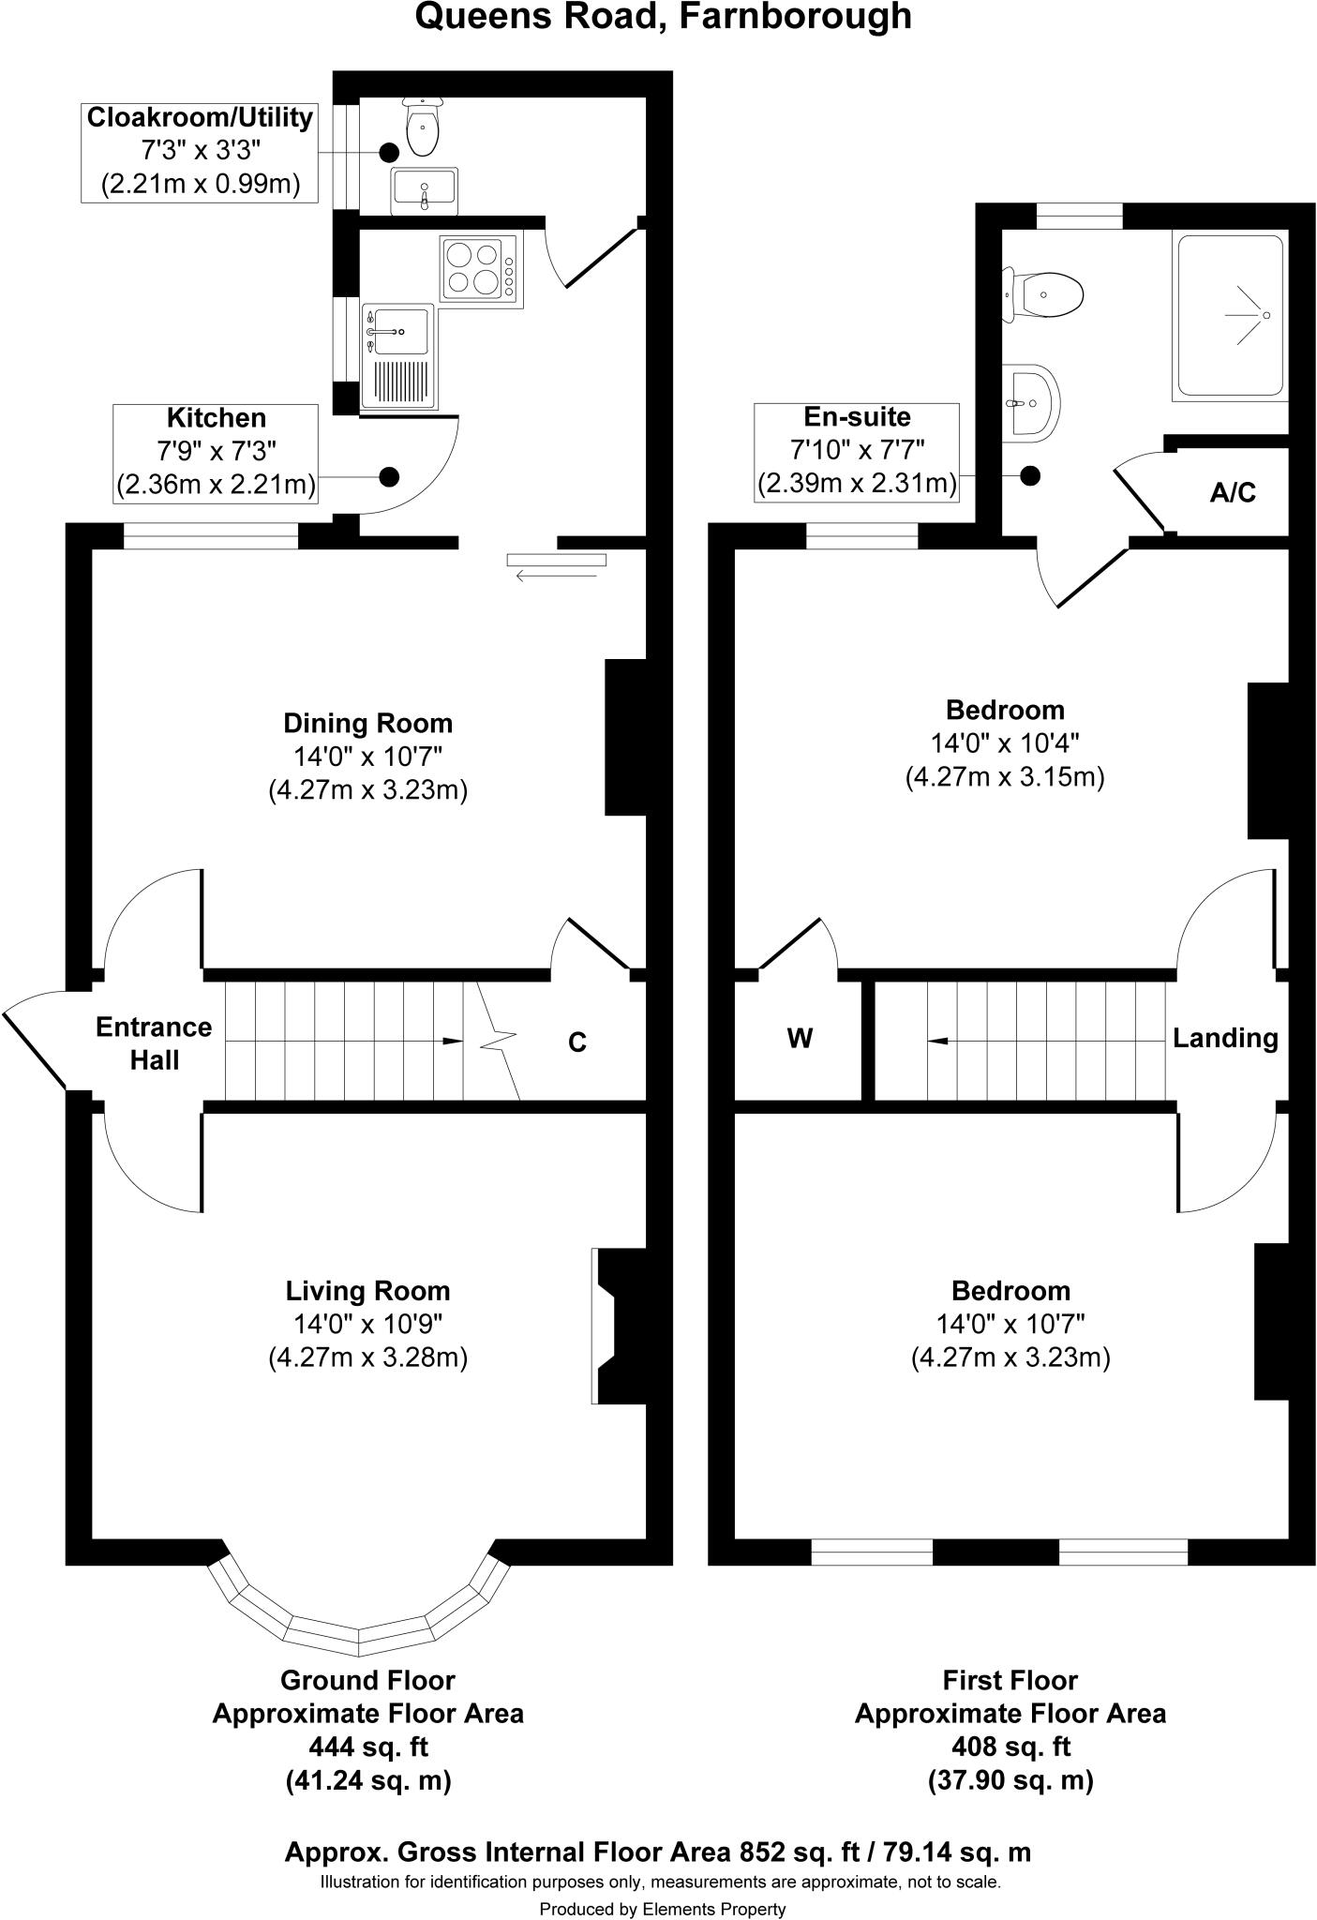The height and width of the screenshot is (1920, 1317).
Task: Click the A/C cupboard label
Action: [1232, 492]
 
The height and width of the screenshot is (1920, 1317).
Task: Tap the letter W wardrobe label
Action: [800, 1038]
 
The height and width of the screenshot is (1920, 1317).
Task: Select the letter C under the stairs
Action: [577, 1042]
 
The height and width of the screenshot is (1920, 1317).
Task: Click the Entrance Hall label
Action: [154, 1043]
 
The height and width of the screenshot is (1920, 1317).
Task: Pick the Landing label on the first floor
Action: [1225, 1038]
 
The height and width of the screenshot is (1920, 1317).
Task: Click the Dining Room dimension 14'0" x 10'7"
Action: [367, 757]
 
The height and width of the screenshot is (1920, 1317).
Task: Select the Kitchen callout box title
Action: [216, 418]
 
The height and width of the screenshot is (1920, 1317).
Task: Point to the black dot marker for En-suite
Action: [1030, 476]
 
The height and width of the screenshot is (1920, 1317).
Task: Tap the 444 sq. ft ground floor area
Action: [367, 1747]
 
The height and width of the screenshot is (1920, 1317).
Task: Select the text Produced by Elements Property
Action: [662, 1909]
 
